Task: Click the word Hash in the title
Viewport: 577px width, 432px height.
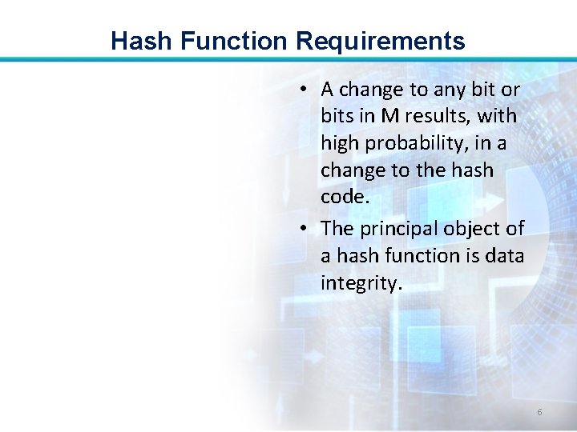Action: pos(135,41)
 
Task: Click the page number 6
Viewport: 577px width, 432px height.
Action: pos(539,412)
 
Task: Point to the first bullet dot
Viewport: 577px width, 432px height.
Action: pos(305,88)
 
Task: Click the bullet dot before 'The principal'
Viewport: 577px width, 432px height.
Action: pos(305,229)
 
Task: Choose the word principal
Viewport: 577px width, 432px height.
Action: pos(393,229)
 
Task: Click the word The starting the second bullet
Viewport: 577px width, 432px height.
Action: pos(337,229)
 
